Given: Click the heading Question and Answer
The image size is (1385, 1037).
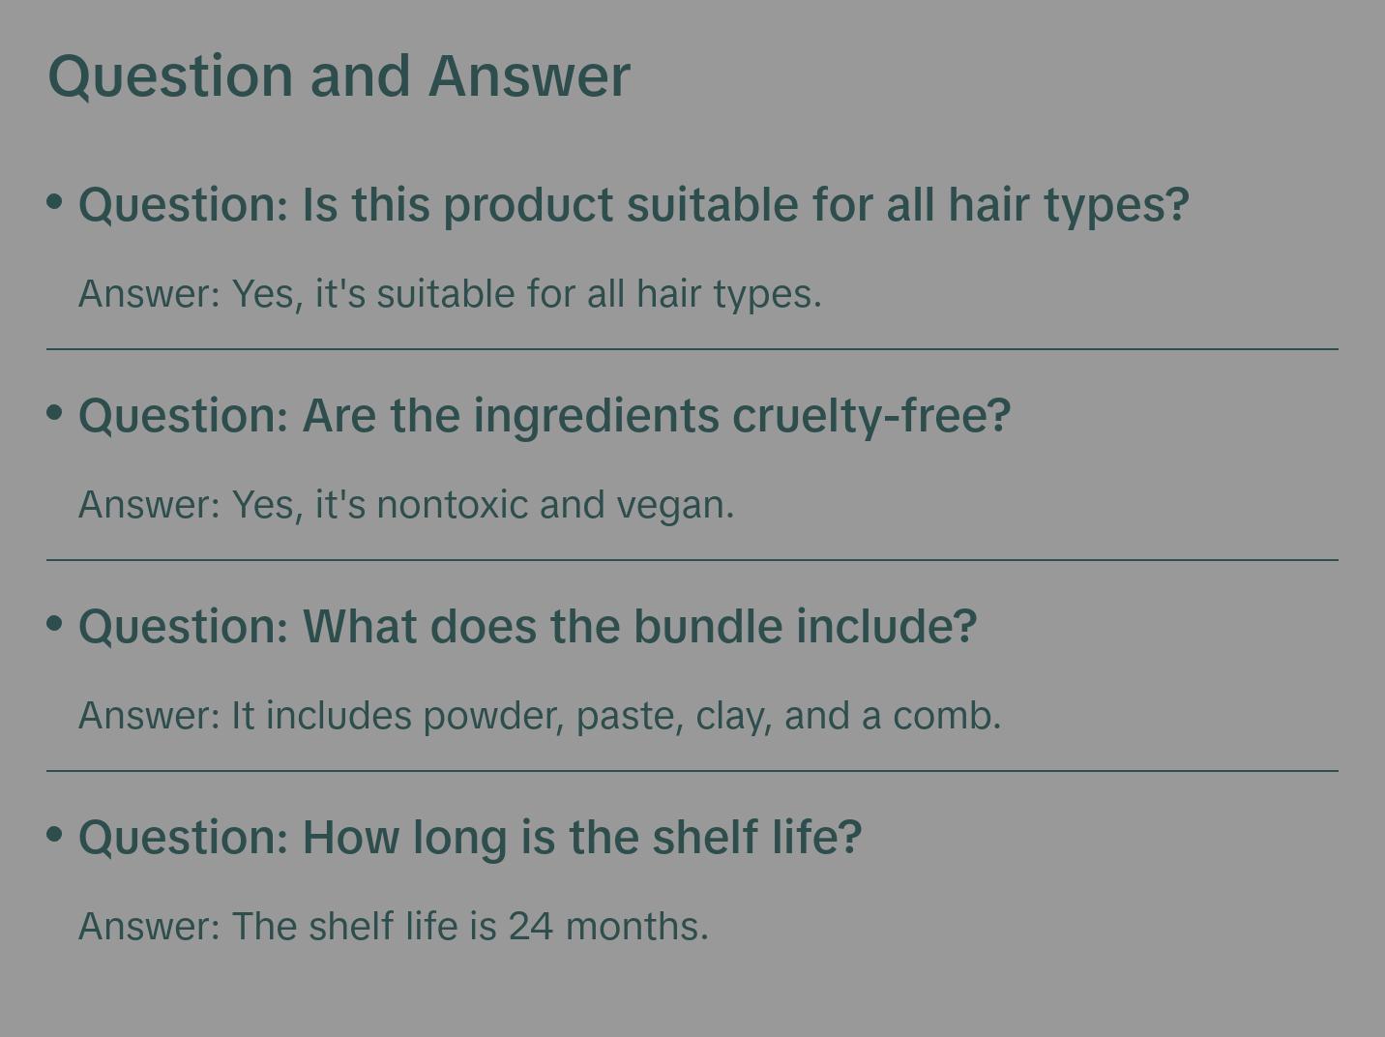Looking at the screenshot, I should tap(339, 75).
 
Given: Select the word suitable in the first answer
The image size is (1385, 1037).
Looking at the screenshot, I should tap(446, 293).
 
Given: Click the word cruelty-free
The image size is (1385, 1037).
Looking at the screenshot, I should tap(871, 416).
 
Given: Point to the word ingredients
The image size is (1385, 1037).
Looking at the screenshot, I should tap(596, 416).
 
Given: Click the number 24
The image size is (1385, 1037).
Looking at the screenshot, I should tap(531, 926).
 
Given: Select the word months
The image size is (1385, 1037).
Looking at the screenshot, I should tap(636, 926).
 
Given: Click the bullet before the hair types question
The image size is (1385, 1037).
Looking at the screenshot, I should tap(55, 201).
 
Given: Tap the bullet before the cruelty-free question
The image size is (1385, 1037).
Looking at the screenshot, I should tap(55, 412).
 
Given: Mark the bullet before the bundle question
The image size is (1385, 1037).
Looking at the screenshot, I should tap(55, 623).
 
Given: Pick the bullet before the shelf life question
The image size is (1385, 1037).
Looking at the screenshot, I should tap(55, 833).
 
